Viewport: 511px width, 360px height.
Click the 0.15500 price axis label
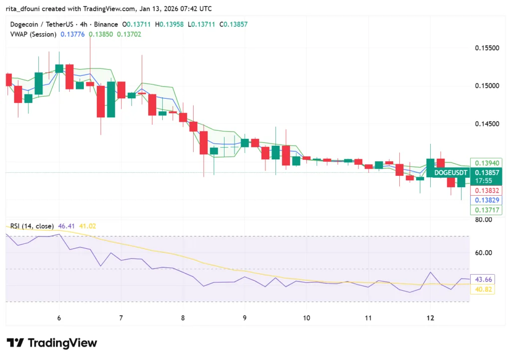pyautogui.click(x=486, y=48)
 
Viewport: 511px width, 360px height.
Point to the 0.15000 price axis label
pyautogui.click(x=486, y=86)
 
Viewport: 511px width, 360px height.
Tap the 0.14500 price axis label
pyautogui.click(x=486, y=123)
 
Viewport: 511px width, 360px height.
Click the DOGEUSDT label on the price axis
pyautogui.click(x=451, y=173)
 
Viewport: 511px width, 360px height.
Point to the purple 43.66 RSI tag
pyautogui.click(x=483, y=279)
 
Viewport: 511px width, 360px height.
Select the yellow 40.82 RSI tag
pyautogui.click(x=483, y=289)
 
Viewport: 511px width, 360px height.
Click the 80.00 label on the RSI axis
pyautogui.click(x=484, y=220)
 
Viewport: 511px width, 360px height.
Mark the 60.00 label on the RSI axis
pyautogui.click(x=484, y=253)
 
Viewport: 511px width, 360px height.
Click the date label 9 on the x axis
pyautogui.click(x=245, y=318)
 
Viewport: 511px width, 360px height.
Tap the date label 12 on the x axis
pyautogui.click(x=431, y=318)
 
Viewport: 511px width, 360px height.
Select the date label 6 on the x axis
pyautogui.click(x=59, y=318)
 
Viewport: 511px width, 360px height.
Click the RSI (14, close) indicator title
pyautogui.click(x=32, y=226)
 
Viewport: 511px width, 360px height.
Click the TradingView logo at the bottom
pyautogui.click(x=52, y=343)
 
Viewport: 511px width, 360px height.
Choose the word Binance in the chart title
pyautogui.click(x=105, y=24)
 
